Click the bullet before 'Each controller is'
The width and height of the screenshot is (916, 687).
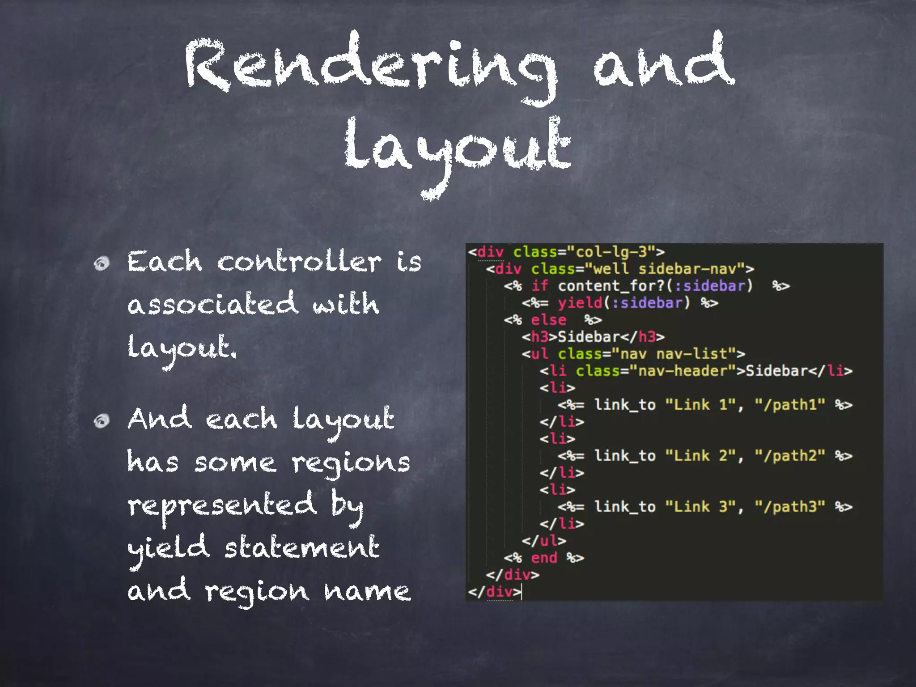coord(102,263)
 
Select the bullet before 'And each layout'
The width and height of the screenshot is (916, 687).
coord(102,420)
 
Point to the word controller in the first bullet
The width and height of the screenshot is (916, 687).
coord(299,262)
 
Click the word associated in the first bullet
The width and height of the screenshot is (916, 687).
coord(212,304)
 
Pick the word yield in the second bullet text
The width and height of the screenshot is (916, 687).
coord(168,548)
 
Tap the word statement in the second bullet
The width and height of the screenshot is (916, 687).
coord(302,548)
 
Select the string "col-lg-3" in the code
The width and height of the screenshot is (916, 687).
coord(611,252)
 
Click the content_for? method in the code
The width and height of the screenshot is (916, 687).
coord(611,286)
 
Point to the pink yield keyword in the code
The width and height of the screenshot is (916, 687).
coord(580,303)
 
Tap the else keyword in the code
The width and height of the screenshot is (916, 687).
coord(548,320)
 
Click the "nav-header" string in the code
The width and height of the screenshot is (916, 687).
coord(683,371)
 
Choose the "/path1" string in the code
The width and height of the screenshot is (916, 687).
coord(790,405)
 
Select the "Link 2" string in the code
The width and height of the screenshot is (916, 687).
coord(700,456)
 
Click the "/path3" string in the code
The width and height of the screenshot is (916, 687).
coord(790,507)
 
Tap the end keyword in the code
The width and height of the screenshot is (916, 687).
coord(544,558)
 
